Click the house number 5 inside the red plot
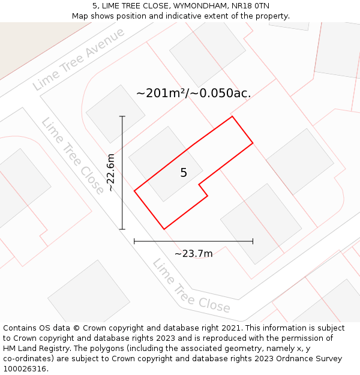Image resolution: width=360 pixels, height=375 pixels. click(184, 173)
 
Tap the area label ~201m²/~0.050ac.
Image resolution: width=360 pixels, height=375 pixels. click(193, 93)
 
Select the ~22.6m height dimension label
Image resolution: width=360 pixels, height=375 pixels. click(110, 173)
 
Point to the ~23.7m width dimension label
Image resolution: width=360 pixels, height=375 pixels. click(193, 253)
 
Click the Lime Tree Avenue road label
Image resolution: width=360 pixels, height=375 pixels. click(79, 59)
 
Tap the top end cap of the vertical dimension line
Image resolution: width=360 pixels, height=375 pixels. click(122, 116)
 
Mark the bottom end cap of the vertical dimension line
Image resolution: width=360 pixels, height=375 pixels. click(122, 229)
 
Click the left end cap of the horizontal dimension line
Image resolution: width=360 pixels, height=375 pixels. click(134, 241)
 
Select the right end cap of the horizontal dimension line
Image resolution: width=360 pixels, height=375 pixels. click(253, 241)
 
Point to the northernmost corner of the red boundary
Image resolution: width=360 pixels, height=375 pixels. click(232, 116)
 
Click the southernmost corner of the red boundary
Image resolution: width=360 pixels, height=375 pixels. click(164, 229)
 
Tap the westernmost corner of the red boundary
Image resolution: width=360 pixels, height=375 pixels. click(134, 191)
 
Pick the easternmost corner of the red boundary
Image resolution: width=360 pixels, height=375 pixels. click(253, 143)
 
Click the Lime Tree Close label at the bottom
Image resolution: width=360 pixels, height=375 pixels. click(191, 286)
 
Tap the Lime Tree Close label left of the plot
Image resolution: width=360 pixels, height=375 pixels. click(73, 156)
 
